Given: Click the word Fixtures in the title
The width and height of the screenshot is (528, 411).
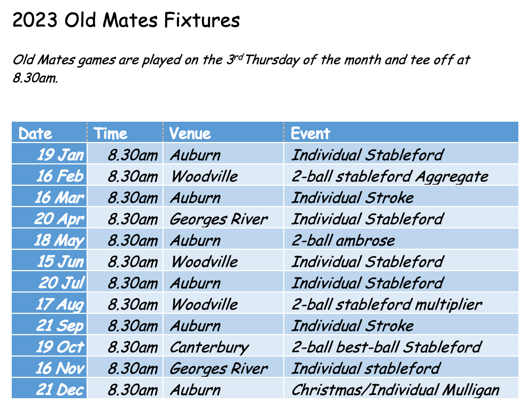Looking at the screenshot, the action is tap(202, 20).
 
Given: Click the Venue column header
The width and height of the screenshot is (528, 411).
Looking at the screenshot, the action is tap(190, 133).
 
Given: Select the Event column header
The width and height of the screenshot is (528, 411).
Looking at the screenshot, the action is tap(310, 133).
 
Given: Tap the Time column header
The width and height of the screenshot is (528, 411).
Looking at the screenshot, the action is tap(111, 133).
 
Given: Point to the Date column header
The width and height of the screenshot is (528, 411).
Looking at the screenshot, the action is tap(35, 133).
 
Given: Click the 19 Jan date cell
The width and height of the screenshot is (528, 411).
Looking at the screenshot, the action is tap(60, 155).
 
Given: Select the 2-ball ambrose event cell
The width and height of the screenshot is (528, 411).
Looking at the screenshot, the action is tap(343, 241).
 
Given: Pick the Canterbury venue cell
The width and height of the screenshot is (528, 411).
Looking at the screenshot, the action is tap(209, 347).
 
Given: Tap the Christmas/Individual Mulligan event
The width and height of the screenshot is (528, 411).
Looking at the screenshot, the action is tap(395, 390).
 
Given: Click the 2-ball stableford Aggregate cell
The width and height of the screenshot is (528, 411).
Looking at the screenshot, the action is tap(390, 177).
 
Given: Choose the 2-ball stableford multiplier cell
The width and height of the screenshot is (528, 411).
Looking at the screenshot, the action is tap(387, 305).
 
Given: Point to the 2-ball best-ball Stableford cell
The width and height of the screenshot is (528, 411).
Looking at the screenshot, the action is tap(387, 347).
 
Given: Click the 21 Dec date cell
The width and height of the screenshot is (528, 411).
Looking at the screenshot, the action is tap(60, 390).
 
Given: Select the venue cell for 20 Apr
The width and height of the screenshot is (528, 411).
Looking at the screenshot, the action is tap(219, 219).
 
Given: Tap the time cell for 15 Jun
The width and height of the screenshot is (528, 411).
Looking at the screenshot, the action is tap(133, 262).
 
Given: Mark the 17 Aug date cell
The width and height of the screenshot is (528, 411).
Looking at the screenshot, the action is tap(60, 305).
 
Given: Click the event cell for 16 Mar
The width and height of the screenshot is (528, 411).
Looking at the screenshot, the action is tap(353, 198).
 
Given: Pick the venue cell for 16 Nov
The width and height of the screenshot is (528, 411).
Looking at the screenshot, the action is tap(219, 369).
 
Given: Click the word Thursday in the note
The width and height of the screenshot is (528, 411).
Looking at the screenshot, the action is tap(272, 60).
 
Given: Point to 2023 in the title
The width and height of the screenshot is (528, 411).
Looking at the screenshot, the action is tap(35, 20).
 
